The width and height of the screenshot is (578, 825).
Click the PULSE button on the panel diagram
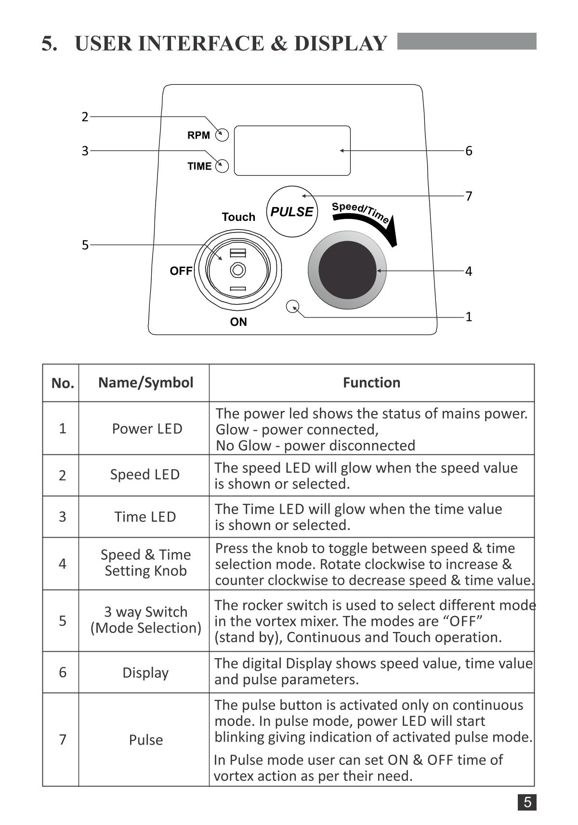click(292, 212)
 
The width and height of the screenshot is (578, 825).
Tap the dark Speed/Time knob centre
click(347, 270)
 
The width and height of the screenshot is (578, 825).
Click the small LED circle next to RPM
click(222, 135)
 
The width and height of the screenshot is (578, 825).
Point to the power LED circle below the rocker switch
click(293, 306)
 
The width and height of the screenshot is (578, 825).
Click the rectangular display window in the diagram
click(292, 151)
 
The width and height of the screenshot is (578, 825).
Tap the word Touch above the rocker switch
click(238, 217)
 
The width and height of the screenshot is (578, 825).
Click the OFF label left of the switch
click(181, 271)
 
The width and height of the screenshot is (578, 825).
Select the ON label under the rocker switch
click(238, 322)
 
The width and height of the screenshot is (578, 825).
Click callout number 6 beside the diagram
click(469, 151)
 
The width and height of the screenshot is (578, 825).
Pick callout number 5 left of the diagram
click(85, 245)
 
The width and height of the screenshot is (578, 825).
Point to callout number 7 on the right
click(469, 196)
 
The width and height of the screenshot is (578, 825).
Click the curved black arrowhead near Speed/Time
click(393, 233)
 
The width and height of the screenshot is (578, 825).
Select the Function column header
click(371, 383)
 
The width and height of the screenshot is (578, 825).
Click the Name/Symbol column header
click(145, 383)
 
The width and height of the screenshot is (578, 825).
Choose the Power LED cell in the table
click(147, 428)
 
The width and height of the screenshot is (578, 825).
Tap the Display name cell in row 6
click(145, 672)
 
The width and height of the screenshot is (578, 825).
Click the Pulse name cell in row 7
click(145, 740)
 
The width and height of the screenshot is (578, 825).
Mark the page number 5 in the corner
click(527, 802)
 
